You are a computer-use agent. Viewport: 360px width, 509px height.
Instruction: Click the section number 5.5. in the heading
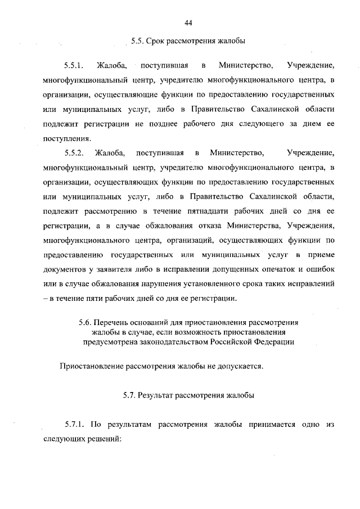pos(138,41)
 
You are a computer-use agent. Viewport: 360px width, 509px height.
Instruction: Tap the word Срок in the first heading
pos(158,41)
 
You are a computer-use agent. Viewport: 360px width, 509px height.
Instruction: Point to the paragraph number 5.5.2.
pos(74,152)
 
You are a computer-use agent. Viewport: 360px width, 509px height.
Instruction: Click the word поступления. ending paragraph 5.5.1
pos(66,138)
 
